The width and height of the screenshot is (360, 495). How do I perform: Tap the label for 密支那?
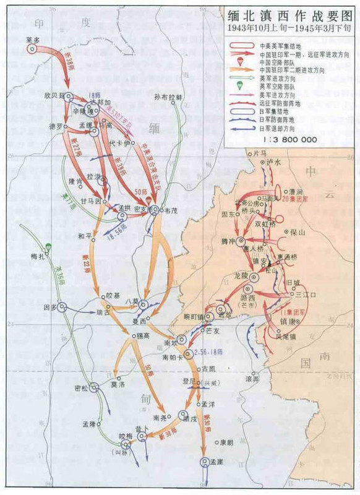(x=143, y=210)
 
